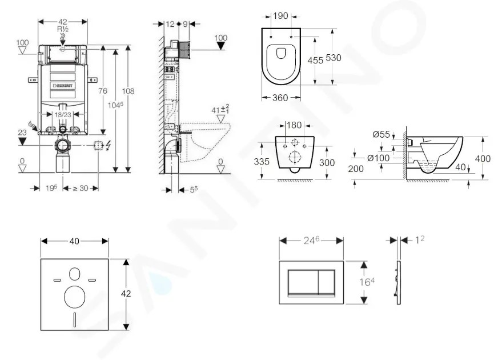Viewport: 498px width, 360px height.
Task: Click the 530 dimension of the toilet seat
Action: pyautogui.click(x=334, y=59)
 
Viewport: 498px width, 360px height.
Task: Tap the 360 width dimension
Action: pyautogui.click(x=279, y=98)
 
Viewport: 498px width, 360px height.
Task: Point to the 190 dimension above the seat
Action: pyautogui.click(x=279, y=16)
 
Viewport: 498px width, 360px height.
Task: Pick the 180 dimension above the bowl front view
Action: pyautogui.click(x=294, y=125)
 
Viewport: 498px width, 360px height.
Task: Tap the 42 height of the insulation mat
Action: pyautogui.click(x=126, y=293)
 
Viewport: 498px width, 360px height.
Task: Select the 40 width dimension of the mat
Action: pyautogui.click(x=74, y=241)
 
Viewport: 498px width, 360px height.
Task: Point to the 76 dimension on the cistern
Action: pyautogui.click(x=103, y=91)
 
